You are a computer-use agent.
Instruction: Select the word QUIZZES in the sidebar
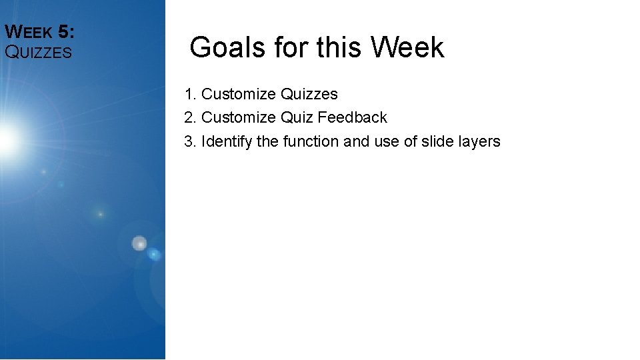tap(38, 52)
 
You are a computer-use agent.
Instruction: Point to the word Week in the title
tap(407, 48)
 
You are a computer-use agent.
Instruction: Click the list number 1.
tap(189, 95)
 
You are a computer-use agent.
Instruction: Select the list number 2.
tap(189, 118)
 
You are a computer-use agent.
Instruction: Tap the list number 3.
tap(189, 141)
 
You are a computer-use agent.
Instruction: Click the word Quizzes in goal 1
tap(309, 95)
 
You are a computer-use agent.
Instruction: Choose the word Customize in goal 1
tap(239, 95)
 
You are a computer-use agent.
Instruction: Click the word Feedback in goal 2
tap(352, 118)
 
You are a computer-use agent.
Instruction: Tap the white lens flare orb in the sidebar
tap(139, 244)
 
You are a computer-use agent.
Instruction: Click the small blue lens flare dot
tap(154, 254)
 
